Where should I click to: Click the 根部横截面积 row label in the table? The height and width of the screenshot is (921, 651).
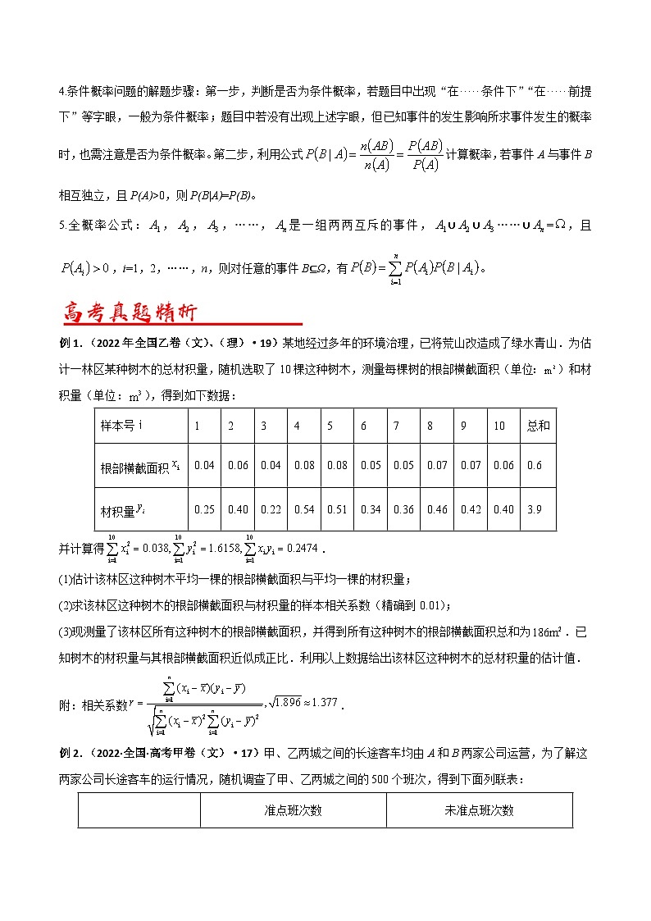point(136,466)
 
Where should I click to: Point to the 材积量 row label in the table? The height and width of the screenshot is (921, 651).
point(118,509)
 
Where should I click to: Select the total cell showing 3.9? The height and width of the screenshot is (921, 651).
point(533,509)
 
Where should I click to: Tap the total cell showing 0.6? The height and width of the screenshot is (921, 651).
point(533,466)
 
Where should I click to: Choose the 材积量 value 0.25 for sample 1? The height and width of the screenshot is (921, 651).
point(204,509)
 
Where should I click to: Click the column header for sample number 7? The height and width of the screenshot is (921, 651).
point(396,426)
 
